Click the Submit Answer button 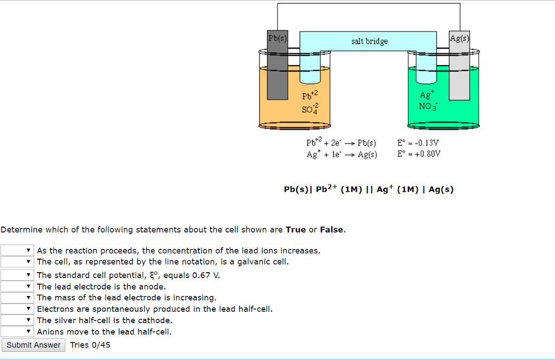pos(34,345)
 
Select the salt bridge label pos(369,41)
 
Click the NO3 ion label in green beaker pos(426,105)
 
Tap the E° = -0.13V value pos(418,143)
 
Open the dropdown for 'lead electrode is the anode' pos(17,286)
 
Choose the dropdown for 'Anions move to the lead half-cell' pos(17,332)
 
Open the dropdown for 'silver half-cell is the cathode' pos(17,320)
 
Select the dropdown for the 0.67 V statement pos(17,275)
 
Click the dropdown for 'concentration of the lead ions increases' pos(17,250)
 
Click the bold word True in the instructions pos(295,230)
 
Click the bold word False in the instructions pos(332,230)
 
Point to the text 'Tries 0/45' pos(90,345)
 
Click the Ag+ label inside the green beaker pos(426,94)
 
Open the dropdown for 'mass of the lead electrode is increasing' pos(17,298)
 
